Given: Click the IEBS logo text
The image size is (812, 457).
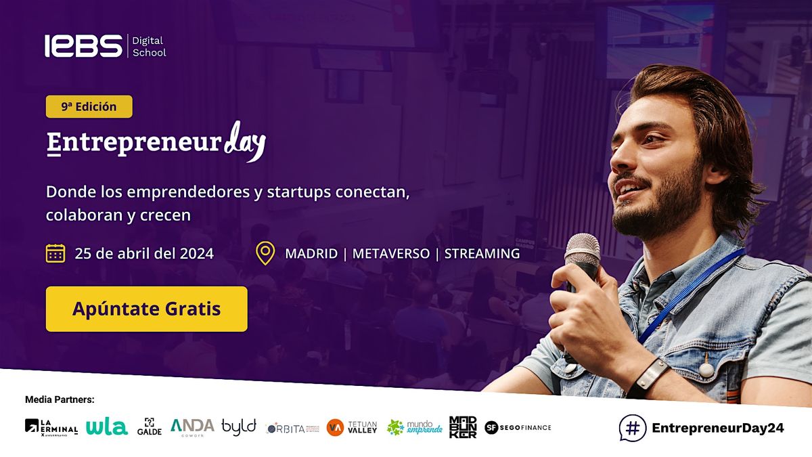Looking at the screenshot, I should point(83,46).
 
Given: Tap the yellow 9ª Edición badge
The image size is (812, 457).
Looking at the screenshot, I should point(89,106).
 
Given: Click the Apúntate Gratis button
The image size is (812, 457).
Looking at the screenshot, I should point(146,309).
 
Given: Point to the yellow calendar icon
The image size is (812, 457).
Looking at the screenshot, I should point(55,253).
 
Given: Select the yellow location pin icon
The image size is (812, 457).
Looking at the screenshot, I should point(265,253).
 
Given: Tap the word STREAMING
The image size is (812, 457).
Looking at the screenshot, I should point(482,254).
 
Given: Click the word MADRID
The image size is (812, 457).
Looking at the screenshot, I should point(311,254).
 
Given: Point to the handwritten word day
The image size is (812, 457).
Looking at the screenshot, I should point(244,140).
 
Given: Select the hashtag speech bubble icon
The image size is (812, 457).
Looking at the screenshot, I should point(633,428).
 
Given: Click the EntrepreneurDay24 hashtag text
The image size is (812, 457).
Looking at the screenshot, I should point(717,428).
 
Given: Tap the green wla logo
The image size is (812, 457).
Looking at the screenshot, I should point(106,427).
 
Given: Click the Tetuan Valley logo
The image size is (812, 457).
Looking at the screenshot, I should point(352,427).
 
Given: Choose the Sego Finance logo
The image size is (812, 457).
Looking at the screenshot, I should point(518,427).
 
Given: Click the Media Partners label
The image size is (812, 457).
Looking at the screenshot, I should point(60,399).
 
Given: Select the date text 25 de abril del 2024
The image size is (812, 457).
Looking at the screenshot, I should point(144,254).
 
